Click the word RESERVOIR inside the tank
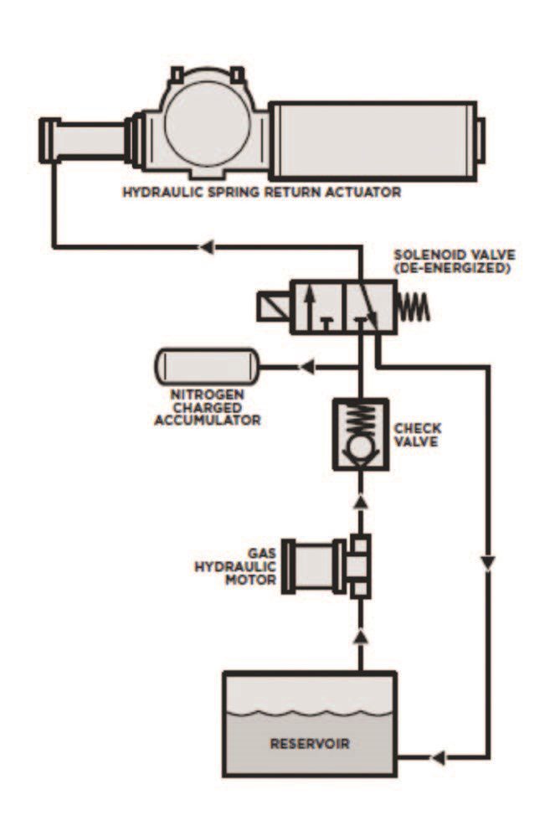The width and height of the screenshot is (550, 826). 310,744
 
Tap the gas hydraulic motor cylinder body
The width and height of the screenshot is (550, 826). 313,565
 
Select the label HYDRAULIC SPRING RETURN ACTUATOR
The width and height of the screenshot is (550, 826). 261,193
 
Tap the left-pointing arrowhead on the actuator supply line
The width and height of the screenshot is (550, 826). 206,246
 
